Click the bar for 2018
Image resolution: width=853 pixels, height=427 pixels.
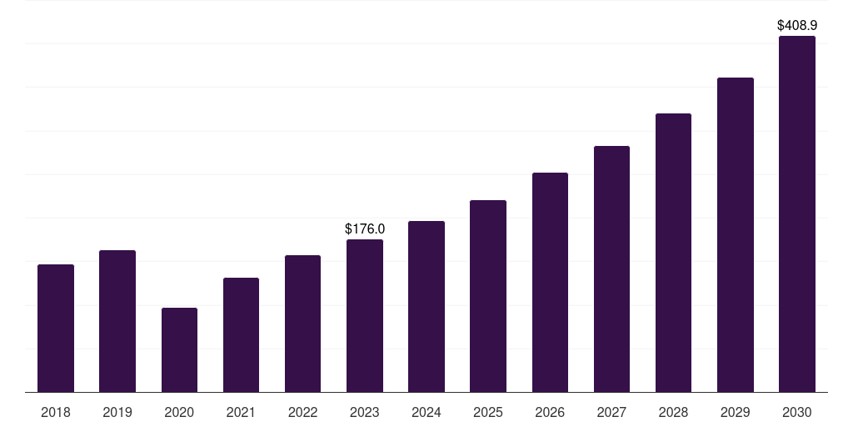click(x=56, y=329)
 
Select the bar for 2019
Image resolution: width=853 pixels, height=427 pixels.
click(x=117, y=321)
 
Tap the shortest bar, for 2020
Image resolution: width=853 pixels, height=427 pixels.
click(x=179, y=350)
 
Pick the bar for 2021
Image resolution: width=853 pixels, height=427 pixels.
click(x=241, y=335)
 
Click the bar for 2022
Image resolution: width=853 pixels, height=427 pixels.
click(x=302, y=324)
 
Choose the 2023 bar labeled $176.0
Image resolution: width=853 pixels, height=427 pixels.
click(x=365, y=316)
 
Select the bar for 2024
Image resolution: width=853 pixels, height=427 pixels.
click(x=426, y=307)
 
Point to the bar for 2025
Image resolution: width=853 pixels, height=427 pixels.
click(x=488, y=296)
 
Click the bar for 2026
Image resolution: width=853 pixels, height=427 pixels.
click(x=550, y=283)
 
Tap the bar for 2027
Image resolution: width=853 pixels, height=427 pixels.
click(x=611, y=269)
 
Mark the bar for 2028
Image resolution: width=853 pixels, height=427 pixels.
click(x=673, y=253)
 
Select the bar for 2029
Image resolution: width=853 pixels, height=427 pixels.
click(x=736, y=235)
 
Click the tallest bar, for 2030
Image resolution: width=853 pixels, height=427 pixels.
click(x=797, y=214)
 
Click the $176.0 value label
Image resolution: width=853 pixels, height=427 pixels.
click(x=365, y=229)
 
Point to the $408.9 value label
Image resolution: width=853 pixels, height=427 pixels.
click(x=797, y=26)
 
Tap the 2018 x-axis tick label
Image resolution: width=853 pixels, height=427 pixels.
click(x=56, y=412)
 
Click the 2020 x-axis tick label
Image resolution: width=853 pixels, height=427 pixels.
click(x=179, y=412)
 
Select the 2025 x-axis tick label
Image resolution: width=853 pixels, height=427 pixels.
click(x=488, y=412)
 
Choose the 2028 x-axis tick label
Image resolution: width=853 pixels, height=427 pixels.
click(x=673, y=412)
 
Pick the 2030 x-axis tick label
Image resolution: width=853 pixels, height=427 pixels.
click(x=797, y=412)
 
